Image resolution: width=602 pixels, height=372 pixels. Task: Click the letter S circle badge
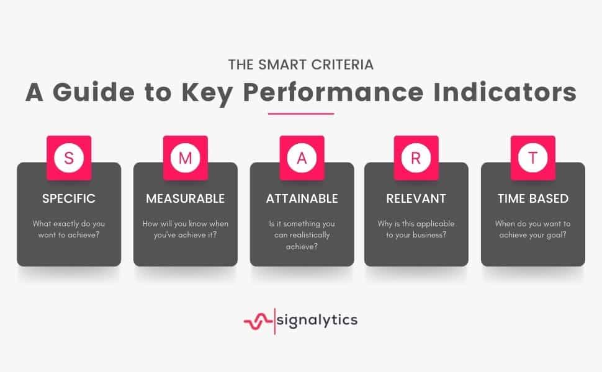point(69,157)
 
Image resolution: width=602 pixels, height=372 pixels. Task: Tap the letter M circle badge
point(186,157)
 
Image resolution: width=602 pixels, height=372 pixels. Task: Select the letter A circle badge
point(302,157)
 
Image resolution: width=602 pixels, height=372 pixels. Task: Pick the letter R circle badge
point(416,157)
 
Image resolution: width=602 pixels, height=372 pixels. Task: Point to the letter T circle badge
point(533,157)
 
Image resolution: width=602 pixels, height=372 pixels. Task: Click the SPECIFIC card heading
point(69,198)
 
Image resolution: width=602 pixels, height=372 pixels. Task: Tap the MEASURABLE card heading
point(186,198)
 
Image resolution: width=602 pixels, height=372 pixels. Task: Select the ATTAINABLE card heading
point(302,198)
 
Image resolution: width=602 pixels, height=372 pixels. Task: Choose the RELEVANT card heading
point(416,198)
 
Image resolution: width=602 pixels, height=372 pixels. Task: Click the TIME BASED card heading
point(533,198)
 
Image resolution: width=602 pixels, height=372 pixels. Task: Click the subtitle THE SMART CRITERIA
point(301,65)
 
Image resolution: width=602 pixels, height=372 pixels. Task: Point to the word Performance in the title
point(333,92)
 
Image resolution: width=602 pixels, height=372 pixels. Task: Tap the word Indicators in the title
point(505,92)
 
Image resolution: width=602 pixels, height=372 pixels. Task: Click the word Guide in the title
point(94,92)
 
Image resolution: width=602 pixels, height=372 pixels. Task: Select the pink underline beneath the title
point(301,113)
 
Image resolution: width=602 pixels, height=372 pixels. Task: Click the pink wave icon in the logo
point(258,321)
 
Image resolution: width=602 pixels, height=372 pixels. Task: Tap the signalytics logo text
point(317,320)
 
